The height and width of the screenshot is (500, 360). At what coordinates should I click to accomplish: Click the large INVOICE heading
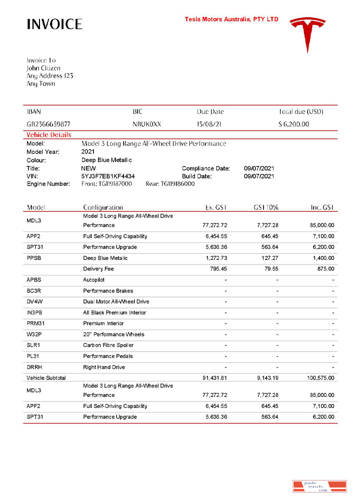coord(54,24)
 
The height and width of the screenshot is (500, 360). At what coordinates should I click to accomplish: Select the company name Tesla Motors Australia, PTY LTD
coord(231,19)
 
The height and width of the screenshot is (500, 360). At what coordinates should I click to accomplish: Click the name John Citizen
coord(43,68)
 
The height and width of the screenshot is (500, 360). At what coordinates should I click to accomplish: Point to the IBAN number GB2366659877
coord(48,124)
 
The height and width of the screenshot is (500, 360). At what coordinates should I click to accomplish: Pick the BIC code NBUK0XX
coord(147,124)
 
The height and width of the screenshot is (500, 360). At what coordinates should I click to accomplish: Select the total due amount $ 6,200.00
coord(293,124)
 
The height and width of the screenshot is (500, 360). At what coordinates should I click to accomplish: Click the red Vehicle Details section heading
coord(48,135)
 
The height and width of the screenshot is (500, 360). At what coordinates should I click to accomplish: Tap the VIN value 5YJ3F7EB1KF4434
coord(108,176)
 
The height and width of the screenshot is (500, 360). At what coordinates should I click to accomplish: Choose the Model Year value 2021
coord(88,151)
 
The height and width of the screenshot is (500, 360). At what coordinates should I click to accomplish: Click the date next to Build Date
coord(258,176)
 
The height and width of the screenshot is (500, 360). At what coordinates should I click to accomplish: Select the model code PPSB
coord(35,258)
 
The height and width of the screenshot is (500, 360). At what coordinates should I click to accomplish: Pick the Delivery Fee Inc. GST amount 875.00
coord(324,269)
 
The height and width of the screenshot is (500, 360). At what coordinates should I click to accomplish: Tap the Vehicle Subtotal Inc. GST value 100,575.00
coord(320,378)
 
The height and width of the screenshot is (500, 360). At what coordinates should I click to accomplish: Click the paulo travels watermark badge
coord(319,486)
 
